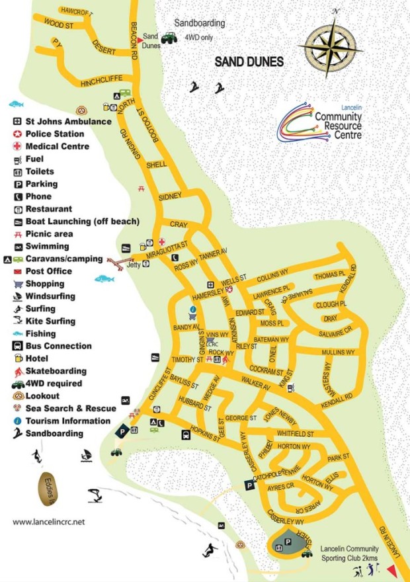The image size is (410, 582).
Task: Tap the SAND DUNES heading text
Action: coord(249,62)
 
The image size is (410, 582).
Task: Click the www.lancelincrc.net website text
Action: coord(49,522)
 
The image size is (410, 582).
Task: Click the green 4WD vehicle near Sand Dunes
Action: coord(169,38)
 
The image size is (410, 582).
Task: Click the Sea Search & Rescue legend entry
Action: coord(68,409)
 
